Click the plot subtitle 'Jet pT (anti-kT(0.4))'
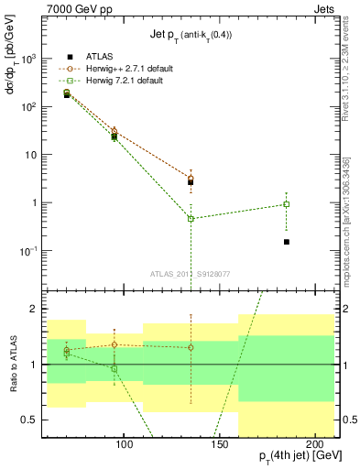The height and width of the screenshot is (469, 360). point(191,36)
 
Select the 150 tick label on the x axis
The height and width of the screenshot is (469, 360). point(218,445)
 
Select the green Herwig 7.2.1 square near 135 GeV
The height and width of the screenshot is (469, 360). point(191,218)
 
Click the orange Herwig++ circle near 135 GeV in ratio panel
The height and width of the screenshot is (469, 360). point(191,347)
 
